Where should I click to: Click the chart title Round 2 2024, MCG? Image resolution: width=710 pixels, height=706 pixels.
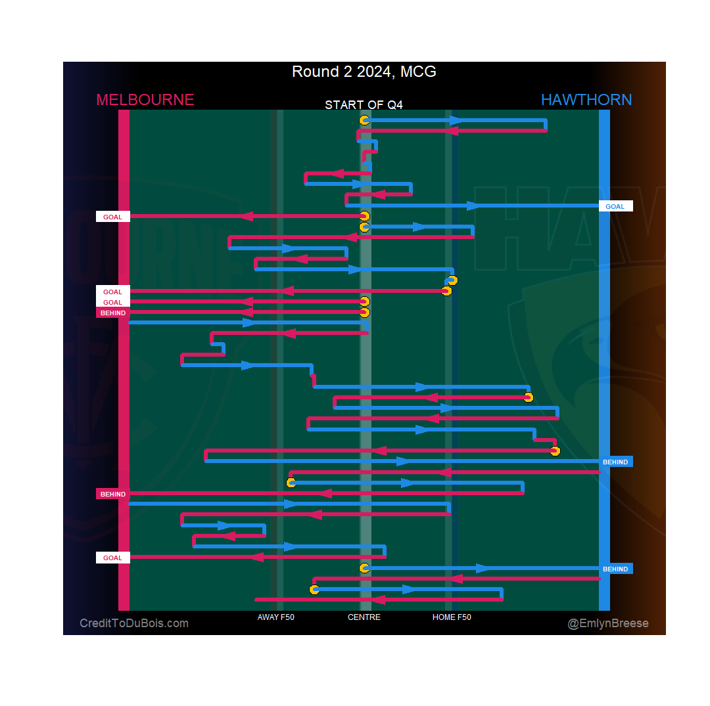[x=364, y=72]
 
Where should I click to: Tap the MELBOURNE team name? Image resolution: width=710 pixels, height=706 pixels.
[x=145, y=100]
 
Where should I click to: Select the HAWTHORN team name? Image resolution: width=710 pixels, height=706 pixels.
[x=586, y=100]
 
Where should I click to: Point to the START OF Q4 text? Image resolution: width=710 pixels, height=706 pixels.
[x=364, y=105]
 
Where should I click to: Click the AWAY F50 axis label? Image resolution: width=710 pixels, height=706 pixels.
[x=276, y=617]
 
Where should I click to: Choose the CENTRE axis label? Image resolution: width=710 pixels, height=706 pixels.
[x=364, y=617]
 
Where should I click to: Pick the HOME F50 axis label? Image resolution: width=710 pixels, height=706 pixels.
[x=452, y=617]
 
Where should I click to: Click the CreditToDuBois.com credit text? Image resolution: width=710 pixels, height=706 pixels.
[x=134, y=623]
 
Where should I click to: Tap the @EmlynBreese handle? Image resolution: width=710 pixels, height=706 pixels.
[x=608, y=623]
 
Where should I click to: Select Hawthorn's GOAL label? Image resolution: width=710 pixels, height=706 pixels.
[x=615, y=206]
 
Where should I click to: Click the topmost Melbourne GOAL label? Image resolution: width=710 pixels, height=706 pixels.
[x=112, y=217]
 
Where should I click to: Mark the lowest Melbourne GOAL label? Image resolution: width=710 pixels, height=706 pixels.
[x=112, y=558]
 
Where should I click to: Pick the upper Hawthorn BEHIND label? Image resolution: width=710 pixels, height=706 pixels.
[x=615, y=462]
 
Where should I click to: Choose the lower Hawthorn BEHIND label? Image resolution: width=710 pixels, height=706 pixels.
[x=615, y=569]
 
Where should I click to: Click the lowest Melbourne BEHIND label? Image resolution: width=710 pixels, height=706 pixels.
[x=112, y=494]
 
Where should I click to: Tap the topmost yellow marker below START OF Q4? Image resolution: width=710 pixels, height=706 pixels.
[x=364, y=120]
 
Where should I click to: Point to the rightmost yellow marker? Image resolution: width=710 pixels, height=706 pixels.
[x=555, y=451]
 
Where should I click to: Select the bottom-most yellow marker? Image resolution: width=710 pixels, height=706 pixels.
[x=314, y=589]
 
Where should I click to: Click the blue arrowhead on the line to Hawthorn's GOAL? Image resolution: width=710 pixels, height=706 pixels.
[x=473, y=206]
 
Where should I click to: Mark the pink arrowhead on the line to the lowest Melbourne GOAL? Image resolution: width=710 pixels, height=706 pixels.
[x=257, y=557]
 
